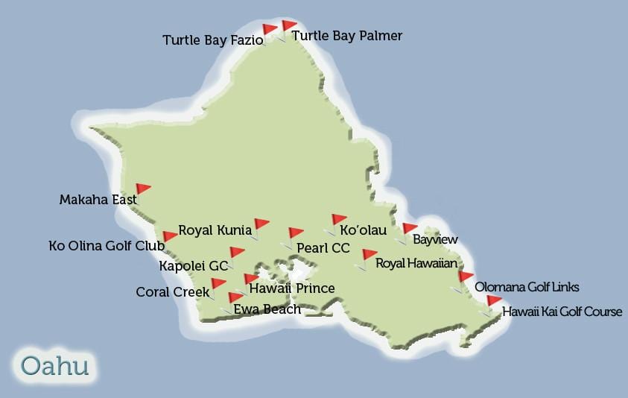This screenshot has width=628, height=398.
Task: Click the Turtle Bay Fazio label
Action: (212, 40)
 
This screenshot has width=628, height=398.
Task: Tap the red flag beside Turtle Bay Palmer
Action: (288, 27)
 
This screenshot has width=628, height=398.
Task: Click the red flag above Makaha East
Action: (142, 189)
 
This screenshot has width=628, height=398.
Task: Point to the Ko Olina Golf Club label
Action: (107, 245)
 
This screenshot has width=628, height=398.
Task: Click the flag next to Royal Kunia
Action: (261, 224)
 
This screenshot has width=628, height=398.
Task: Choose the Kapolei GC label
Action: (194, 265)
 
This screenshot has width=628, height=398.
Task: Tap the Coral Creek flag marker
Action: (218, 284)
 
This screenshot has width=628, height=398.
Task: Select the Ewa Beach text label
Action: (267, 309)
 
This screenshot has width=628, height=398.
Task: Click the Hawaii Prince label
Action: (292, 288)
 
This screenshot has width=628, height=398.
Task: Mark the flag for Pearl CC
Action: (295, 233)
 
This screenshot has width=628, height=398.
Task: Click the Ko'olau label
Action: (363, 230)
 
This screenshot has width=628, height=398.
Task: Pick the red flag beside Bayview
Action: (409, 229)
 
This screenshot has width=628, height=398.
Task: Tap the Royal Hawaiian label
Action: (416, 263)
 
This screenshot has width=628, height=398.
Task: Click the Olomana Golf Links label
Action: (527, 287)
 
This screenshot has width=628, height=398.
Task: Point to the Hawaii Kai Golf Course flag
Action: (493, 301)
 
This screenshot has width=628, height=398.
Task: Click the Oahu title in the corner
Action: (55, 366)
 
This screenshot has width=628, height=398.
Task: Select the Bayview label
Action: (435, 240)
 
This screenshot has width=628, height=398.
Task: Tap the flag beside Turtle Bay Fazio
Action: (269, 31)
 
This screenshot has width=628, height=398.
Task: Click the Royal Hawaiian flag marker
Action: (369, 255)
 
